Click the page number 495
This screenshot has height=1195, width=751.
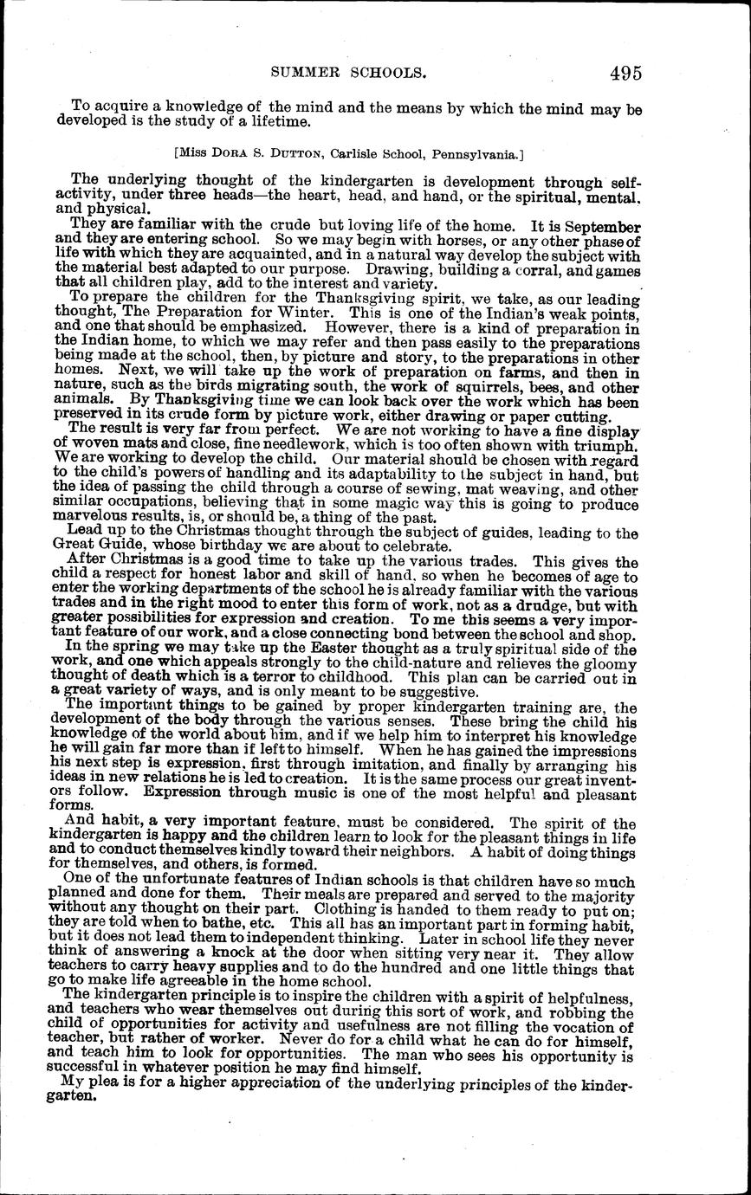pos(625,73)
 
